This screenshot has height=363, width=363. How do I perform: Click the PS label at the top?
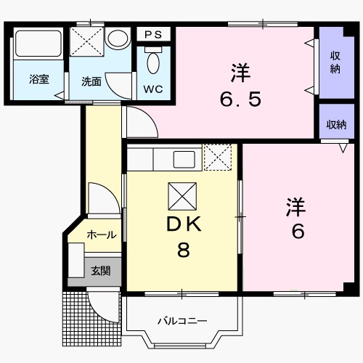pos(152,35)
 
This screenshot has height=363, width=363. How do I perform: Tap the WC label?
pos(153,89)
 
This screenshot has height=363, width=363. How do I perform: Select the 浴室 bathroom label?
pos(39,80)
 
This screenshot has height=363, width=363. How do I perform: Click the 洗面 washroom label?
pos(91,81)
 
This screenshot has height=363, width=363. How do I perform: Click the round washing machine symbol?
pos(116,38)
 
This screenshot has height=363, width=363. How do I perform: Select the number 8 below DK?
pos(184,251)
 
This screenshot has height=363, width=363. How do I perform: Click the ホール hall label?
pos(101,234)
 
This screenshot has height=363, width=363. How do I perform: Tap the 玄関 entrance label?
pos(101,271)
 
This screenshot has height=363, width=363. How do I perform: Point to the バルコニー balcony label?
pos(183,320)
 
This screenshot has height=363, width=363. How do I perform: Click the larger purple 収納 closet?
pos(335,63)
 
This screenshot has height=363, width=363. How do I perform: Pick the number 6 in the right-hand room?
pos(298,232)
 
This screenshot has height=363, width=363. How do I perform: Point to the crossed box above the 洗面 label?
pos(87,43)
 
